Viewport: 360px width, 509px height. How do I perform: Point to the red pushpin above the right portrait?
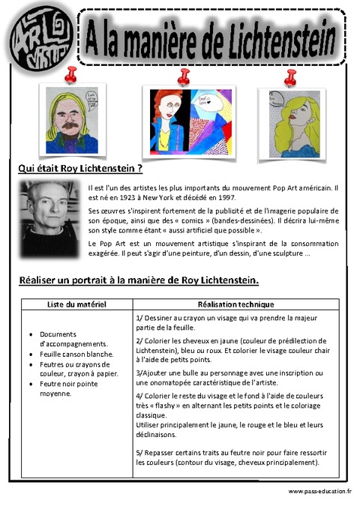(291, 76)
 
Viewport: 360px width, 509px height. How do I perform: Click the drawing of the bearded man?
(72, 120)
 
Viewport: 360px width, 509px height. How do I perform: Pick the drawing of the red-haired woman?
(184, 121)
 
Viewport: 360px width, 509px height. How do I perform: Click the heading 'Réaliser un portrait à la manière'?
(139, 281)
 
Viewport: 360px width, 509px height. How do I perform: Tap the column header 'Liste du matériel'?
(76, 305)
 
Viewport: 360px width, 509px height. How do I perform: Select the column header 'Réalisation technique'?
(235, 305)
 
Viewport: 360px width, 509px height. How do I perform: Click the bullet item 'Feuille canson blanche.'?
(76, 354)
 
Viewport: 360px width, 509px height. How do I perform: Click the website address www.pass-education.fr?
(319, 491)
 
